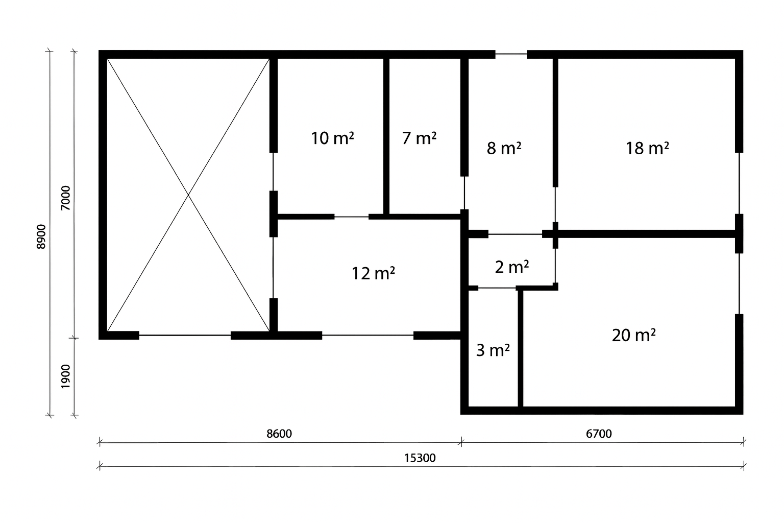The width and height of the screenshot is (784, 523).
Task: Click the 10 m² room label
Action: [332, 138]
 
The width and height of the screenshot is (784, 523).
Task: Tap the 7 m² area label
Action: [419, 138]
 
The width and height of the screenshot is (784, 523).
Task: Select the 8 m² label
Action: [504, 148]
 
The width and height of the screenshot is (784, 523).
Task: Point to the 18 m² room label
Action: [647, 148]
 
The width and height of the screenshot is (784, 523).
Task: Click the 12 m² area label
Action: [373, 274]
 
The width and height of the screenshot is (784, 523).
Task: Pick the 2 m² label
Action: [512, 267]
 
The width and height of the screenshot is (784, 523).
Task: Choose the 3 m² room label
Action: [493, 350]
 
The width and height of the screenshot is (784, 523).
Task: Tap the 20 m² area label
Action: [633, 335]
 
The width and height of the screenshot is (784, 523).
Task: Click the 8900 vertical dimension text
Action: [41, 237]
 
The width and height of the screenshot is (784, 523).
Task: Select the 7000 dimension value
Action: [65, 198]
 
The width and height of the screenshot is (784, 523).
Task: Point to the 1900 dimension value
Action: [65, 376]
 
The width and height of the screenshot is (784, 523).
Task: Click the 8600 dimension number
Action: [279, 434]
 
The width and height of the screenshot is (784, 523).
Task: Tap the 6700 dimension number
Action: [599, 434]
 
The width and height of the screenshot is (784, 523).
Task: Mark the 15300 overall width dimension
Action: [420, 458]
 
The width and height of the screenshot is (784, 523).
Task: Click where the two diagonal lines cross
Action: [188, 195]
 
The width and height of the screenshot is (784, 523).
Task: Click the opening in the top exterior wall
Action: [511, 54]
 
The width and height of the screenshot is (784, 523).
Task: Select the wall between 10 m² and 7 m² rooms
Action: [386, 136]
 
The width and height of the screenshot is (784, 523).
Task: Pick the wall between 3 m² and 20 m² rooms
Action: [521, 348]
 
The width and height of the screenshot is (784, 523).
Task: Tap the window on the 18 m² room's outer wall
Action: [739, 183]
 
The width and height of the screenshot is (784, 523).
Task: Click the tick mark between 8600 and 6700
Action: [461, 442]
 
